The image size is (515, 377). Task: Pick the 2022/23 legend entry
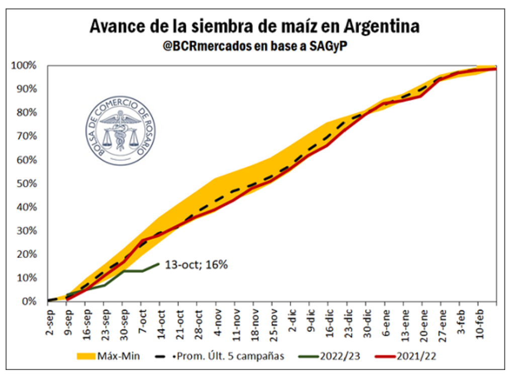tap(329, 356)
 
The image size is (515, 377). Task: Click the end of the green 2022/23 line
tap(159, 263)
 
